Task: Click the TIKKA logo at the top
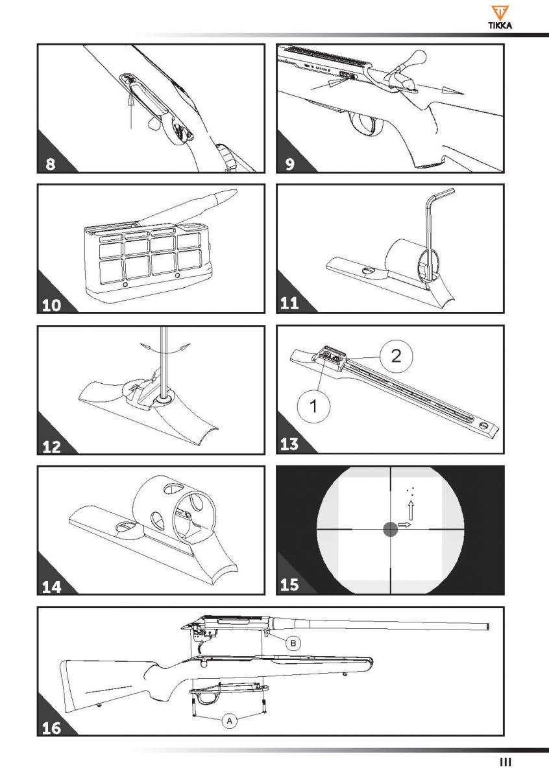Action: pyautogui.click(x=500, y=17)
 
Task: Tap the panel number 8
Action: pyautogui.click(x=51, y=163)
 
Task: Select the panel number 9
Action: pyautogui.click(x=289, y=163)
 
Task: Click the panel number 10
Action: pyautogui.click(x=51, y=305)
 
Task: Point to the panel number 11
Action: pyautogui.click(x=289, y=303)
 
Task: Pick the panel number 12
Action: pyautogui.click(x=51, y=447)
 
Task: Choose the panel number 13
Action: pyautogui.click(x=289, y=444)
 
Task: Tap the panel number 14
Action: pyautogui.click(x=51, y=587)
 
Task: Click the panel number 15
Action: pyautogui.click(x=289, y=585)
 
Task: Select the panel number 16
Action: pyautogui.click(x=51, y=728)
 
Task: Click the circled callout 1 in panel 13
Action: pyautogui.click(x=313, y=406)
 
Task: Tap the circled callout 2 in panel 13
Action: pyautogui.click(x=396, y=357)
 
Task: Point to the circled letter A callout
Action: pyautogui.click(x=230, y=721)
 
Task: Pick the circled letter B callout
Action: pyautogui.click(x=293, y=643)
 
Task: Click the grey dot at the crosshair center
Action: pyautogui.click(x=390, y=529)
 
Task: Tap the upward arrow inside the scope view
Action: pyautogui.click(x=411, y=510)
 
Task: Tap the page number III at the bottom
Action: pyautogui.click(x=505, y=762)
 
